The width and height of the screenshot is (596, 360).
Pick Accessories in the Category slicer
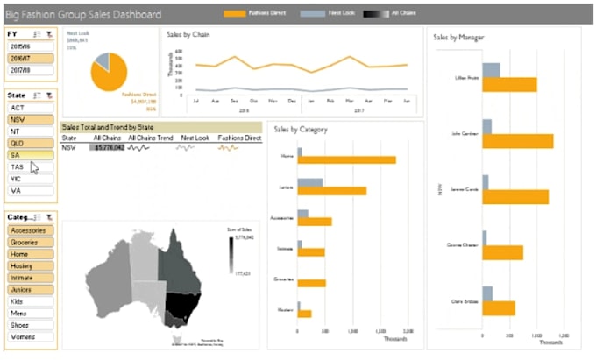[31, 230]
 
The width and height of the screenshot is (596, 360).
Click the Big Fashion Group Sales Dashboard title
[84, 15]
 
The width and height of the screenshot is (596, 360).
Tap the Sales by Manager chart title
[459, 38]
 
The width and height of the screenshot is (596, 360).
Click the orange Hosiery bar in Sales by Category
[305, 313]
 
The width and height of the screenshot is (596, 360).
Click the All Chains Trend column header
[148, 138]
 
